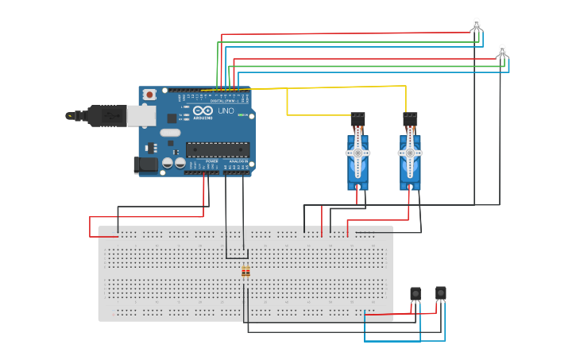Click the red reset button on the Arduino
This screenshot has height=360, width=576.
coord(149,95)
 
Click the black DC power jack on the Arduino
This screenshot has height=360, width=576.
coord(145,165)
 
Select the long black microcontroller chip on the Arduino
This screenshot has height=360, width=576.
coord(217,149)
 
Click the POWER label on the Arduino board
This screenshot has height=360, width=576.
coord(211,161)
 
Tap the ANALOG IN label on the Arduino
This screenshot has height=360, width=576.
coord(238,161)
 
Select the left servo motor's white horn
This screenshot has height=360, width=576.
coord(358,153)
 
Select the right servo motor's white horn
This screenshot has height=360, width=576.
coord(409,153)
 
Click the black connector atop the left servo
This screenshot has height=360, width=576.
coord(358,118)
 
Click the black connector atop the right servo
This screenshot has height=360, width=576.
coord(410,118)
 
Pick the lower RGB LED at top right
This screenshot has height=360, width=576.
coord(501,51)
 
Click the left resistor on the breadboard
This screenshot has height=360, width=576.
coord(244,272)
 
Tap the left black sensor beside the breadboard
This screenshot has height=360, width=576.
coord(416,294)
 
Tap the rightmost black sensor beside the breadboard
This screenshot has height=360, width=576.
coord(441,292)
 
